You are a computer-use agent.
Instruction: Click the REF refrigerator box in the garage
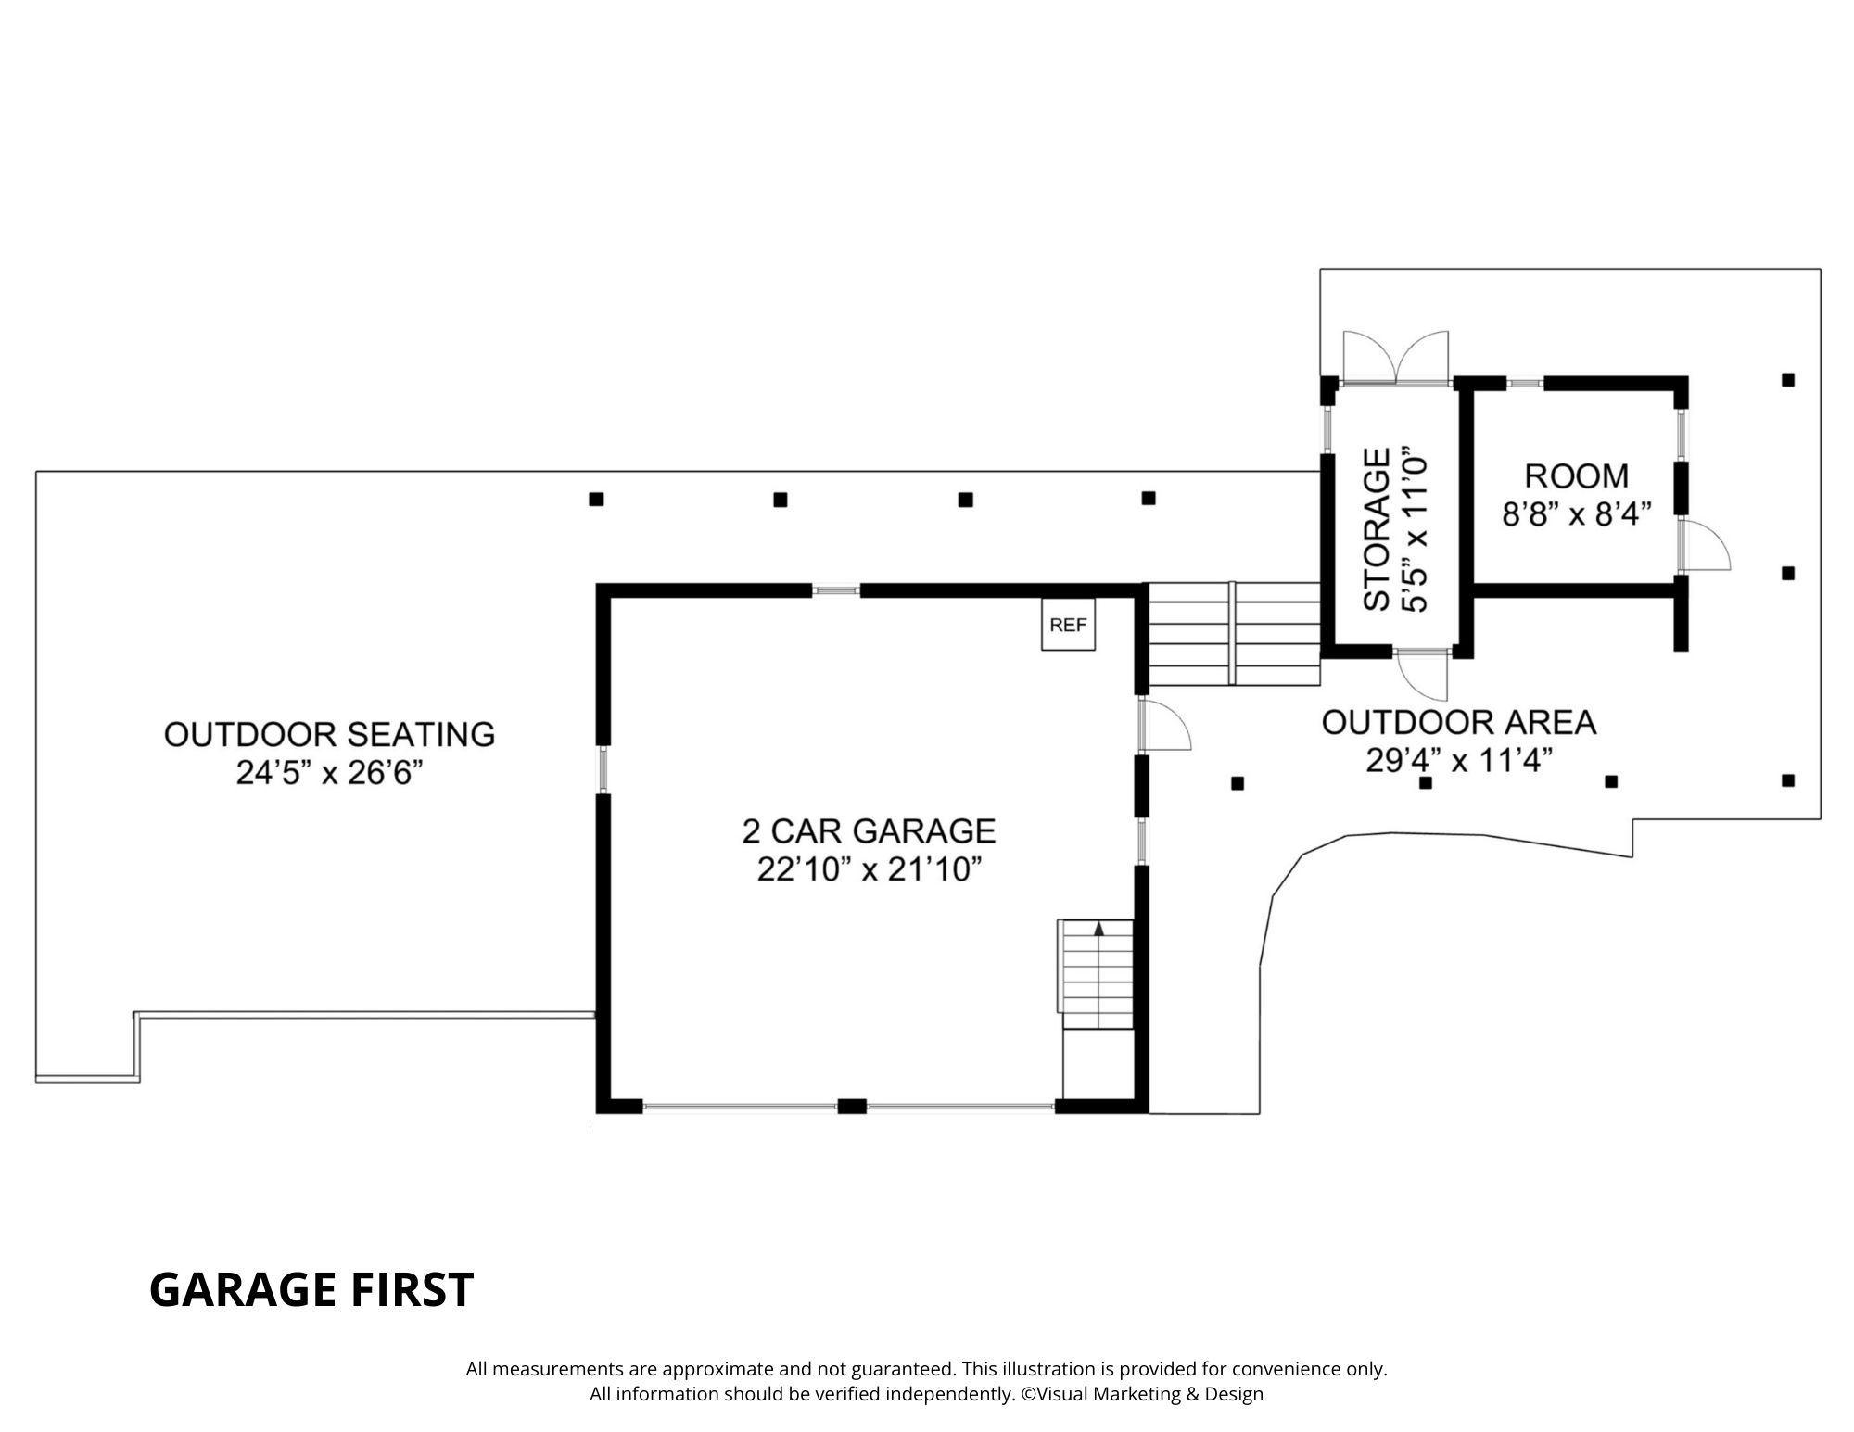1068,625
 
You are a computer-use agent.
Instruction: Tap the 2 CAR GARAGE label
869,830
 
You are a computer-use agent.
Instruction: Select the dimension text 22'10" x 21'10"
869,870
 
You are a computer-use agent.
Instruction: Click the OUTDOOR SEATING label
329,734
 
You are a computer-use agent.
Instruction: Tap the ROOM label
1576,475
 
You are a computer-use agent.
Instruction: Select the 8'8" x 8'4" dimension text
1577,514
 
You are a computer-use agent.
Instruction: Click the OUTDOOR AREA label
1458,722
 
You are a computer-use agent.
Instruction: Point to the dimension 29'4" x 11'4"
1458,761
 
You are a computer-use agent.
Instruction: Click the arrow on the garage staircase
1099,928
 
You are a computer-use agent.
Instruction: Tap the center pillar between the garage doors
851,1106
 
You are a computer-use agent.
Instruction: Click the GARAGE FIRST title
311,1289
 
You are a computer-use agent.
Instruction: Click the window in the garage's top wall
836,589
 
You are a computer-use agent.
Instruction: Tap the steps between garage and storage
1234,634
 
